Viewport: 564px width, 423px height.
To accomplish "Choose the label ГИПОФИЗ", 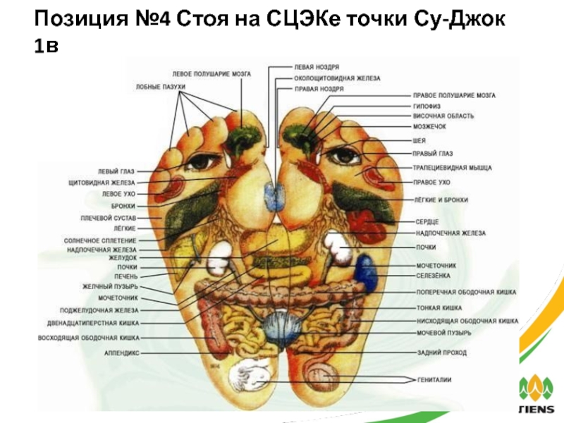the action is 428,105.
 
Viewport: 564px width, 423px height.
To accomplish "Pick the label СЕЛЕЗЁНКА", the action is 433,275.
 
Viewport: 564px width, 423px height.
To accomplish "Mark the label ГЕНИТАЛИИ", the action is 434,380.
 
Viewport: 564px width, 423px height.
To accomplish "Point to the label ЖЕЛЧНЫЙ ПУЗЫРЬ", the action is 112,287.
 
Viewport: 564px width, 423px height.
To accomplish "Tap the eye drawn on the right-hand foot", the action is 345,154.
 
